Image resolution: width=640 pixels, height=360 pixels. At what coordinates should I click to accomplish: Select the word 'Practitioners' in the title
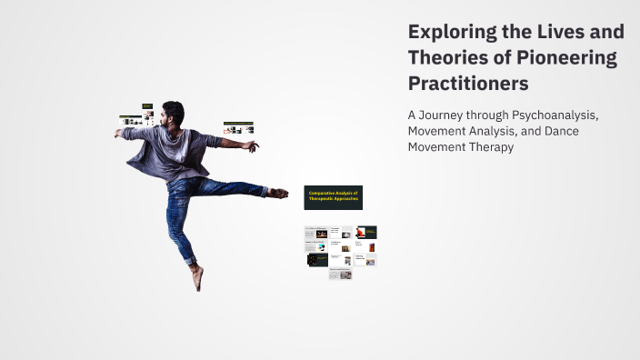(468, 84)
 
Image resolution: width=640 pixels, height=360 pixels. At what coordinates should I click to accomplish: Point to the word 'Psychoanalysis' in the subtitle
(555, 115)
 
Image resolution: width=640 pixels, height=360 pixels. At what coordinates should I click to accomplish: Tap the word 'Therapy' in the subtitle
(488, 146)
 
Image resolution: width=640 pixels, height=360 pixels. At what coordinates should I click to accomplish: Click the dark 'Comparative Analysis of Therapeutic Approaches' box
(333, 197)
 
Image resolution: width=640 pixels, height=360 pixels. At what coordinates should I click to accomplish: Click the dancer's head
(173, 113)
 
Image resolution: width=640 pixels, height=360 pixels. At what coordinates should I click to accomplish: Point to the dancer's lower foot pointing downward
(197, 278)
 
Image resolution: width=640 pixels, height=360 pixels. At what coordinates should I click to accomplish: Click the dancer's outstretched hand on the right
(250, 145)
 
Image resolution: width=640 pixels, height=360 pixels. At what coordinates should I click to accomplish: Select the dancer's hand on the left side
(119, 133)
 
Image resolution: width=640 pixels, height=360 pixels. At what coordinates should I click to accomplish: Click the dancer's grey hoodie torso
(173, 153)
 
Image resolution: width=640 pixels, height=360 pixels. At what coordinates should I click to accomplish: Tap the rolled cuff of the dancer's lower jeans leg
(190, 261)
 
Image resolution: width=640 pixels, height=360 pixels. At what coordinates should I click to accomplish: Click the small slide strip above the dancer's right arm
(238, 127)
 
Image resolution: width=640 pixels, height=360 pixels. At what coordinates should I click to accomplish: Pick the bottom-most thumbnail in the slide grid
(340, 274)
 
